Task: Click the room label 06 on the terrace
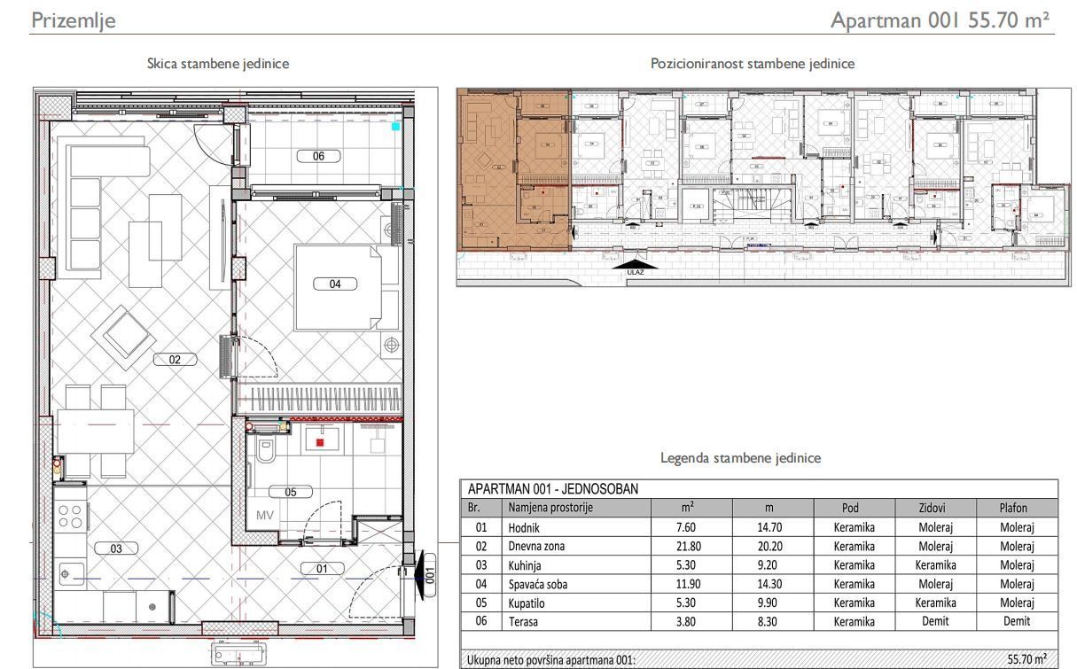tap(318, 156)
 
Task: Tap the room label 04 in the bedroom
tap(335, 284)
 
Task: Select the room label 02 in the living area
tap(175, 359)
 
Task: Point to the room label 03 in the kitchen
tap(116, 548)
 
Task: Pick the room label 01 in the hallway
tap(322, 568)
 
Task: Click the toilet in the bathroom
tap(265, 453)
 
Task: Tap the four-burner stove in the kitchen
tap(70, 517)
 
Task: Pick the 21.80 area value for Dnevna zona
tap(686, 547)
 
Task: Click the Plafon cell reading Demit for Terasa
tap(1016, 621)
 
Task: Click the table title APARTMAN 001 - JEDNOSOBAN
tap(552, 488)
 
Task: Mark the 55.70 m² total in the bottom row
tap(1026, 659)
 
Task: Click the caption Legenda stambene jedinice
tap(740, 458)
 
